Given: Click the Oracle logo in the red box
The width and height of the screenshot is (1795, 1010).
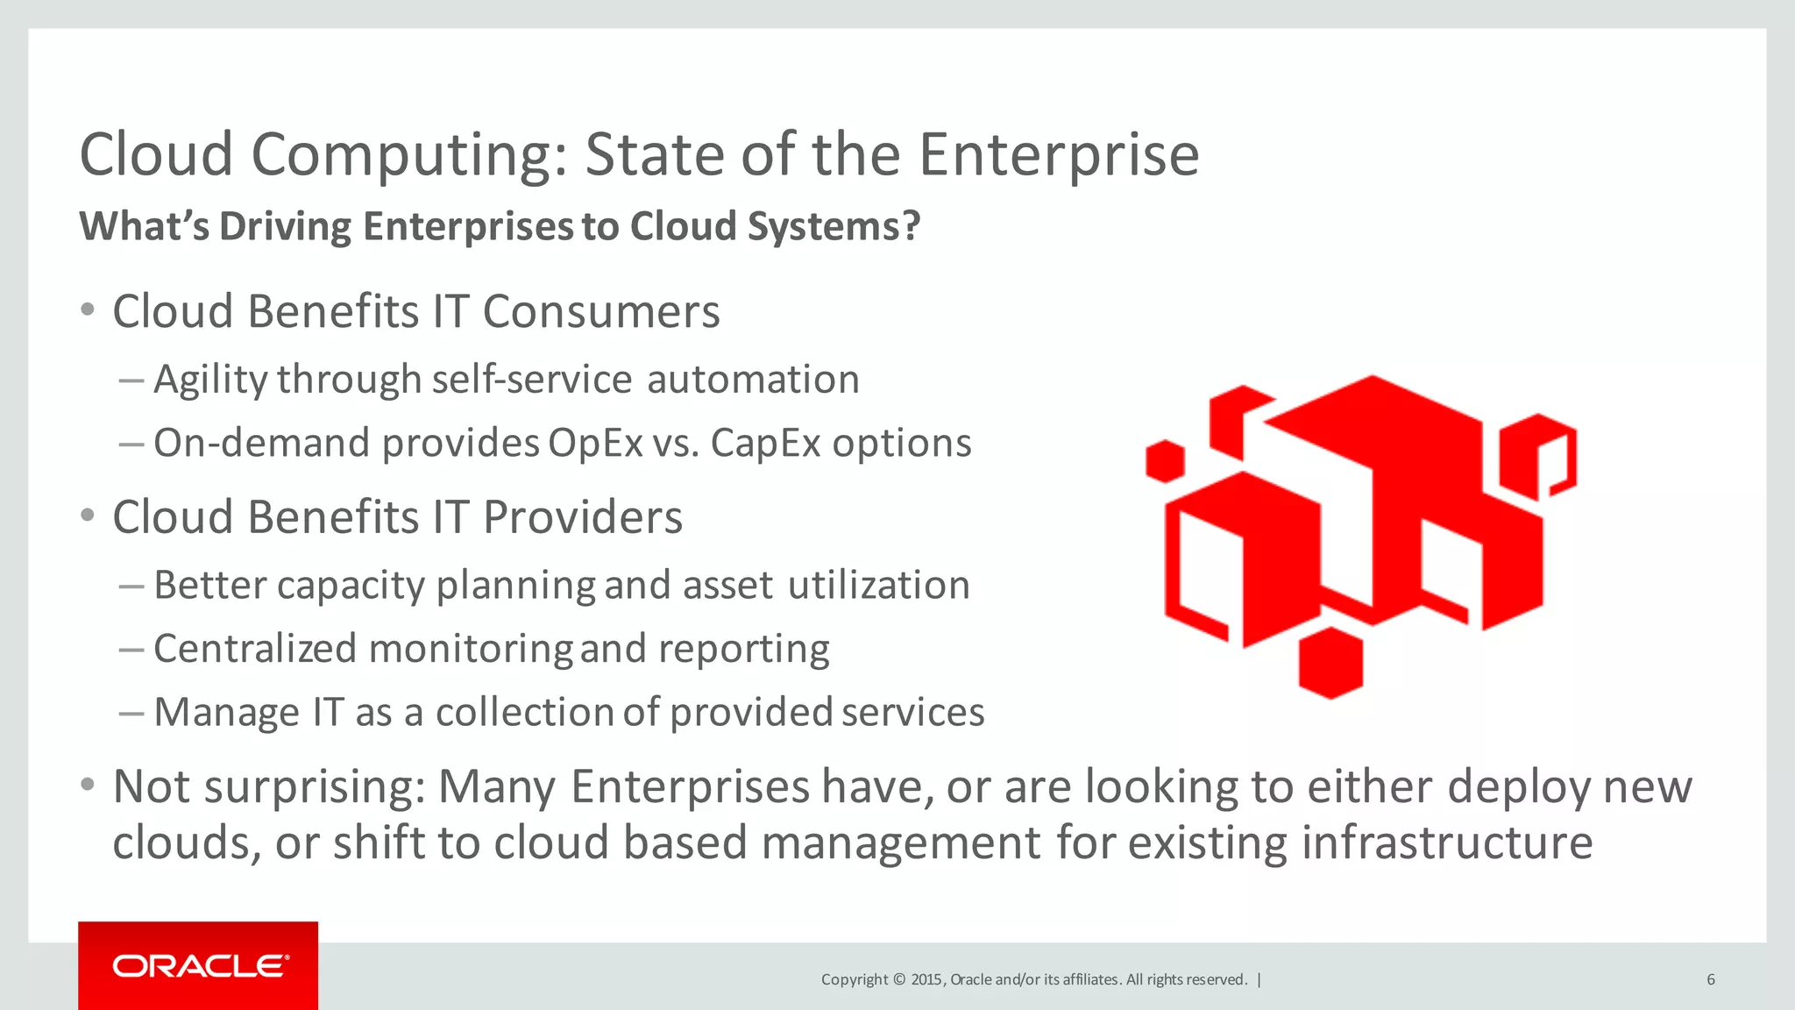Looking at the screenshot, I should coord(200,965).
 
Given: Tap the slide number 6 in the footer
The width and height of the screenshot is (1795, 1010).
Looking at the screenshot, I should coord(1710,979).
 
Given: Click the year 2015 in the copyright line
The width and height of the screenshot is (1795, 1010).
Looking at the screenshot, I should coord(926,979).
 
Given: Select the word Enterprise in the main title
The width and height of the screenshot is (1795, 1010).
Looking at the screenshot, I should coord(1058,155).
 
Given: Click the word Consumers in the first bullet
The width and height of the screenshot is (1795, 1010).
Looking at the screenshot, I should coord(601,312).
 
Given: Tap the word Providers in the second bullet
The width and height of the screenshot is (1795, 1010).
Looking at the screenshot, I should coord(582,517).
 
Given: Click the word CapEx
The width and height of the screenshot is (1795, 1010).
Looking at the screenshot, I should coord(764,444).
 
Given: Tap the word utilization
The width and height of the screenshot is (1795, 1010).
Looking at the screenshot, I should coord(878,586).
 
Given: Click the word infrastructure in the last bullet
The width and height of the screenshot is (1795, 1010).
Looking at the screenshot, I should coord(1447,843).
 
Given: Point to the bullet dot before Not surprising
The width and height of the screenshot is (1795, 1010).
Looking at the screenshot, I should coord(87,785).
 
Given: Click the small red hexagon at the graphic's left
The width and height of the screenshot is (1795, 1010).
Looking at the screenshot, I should coord(1165,461).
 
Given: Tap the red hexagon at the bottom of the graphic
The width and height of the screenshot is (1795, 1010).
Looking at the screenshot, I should coord(1330,663).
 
